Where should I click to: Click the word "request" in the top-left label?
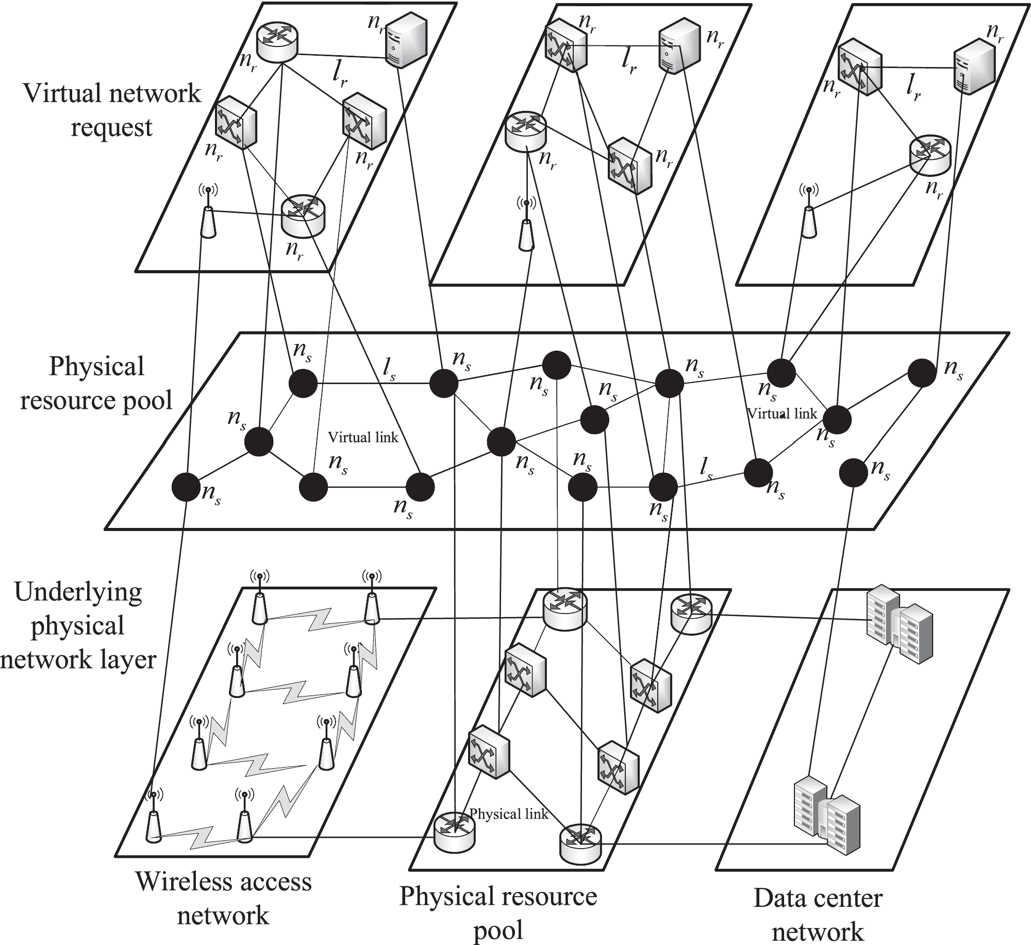[x=111, y=127]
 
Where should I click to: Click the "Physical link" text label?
[x=508, y=814]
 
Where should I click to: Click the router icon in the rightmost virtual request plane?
[x=929, y=155]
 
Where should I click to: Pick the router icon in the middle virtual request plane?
[x=525, y=131]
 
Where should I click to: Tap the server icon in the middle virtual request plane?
[x=679, y=51]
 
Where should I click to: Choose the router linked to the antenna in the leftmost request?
[x=304, y=215]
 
